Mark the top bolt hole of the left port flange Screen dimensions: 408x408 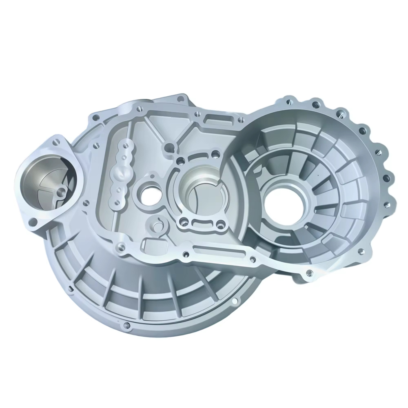[55, 142]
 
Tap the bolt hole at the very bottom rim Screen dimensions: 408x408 [126, 325]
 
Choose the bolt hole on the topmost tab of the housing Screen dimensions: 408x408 [180, 98]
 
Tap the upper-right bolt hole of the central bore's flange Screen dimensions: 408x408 [215, 154]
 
